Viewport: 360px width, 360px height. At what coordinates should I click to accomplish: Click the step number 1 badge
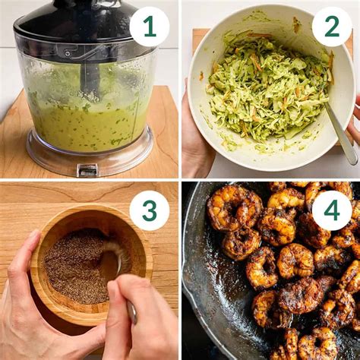[x=149, y=27]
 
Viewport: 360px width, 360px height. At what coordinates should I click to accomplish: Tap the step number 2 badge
[x=332, y=27]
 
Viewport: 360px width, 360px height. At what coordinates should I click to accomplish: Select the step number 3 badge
[x=149, y=210]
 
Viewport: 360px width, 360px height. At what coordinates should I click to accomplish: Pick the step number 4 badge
[x=332, y=210]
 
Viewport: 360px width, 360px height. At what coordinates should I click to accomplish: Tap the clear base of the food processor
[x=87, y=161]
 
